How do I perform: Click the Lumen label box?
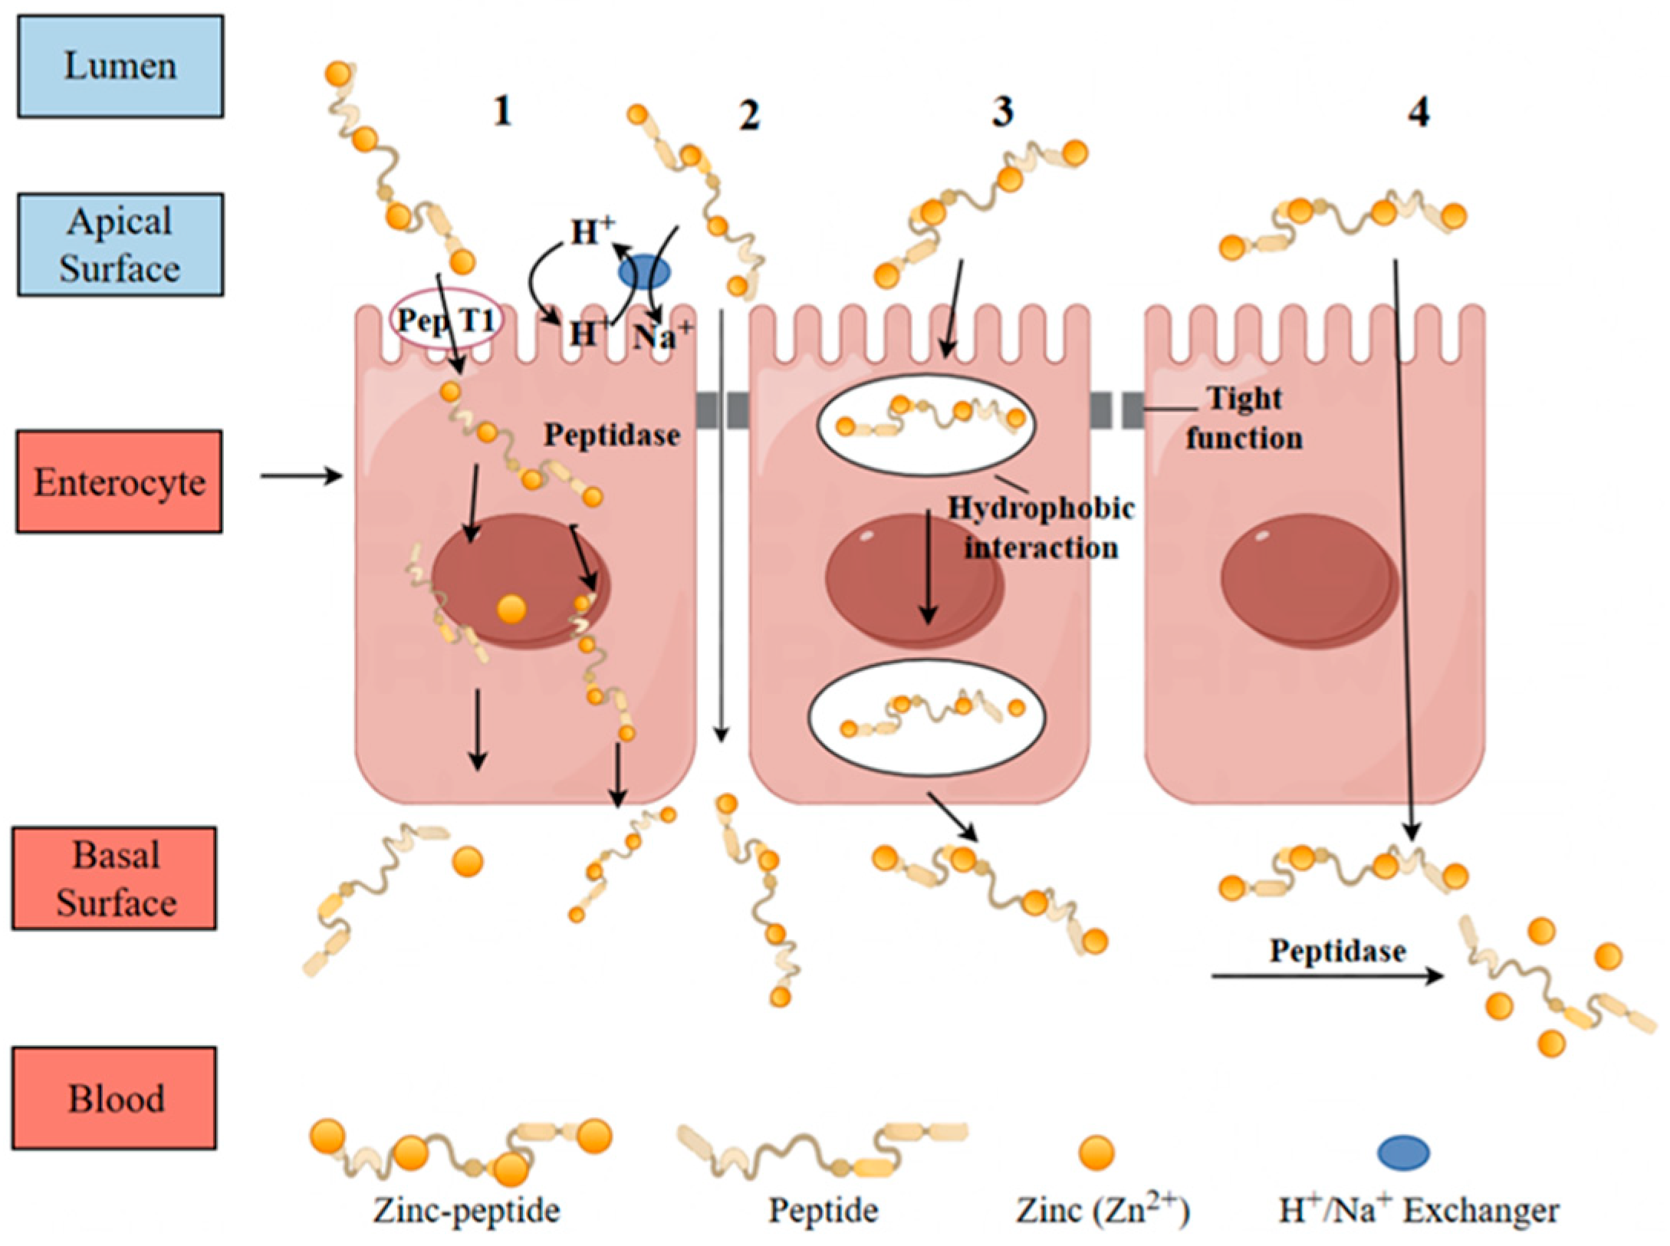coord(120,66)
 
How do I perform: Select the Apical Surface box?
coord(120,245)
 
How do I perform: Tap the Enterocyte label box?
coord(120,482)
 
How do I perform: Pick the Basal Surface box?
coord(114,878)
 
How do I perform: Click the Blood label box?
coord(114,1098)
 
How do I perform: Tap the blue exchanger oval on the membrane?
coord(644,272)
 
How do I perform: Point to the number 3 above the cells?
coord(1002,111)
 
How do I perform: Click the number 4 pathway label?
coord(1419,113)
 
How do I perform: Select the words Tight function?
coord(1244,418)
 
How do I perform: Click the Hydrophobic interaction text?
coord(1040,528)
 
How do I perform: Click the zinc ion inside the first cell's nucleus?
coord(511,610)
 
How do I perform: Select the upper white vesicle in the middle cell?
coord(925,424)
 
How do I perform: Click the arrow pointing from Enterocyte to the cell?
coord(301,476)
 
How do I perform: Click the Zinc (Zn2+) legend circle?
coord(1096,1152)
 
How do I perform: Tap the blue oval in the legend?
coord(1403,1152)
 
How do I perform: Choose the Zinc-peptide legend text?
coord(466,1211)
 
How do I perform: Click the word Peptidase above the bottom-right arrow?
coord(1337,951)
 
